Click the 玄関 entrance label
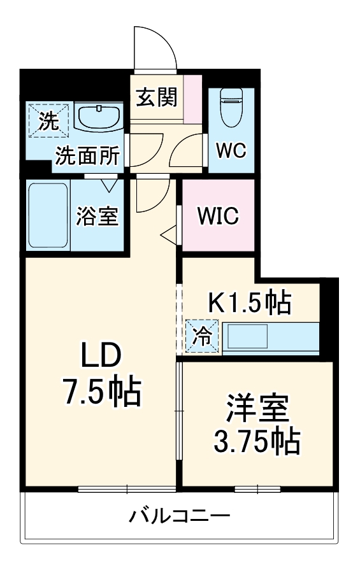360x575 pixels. point(156,98)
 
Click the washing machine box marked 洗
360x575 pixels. point(47,119)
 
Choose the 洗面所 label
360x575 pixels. point(86,156)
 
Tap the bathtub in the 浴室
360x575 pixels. point(48,217)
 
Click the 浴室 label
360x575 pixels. point(97,217)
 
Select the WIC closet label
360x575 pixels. point(217,216)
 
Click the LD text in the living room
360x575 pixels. point(100,357)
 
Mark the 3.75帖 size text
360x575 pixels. point(257,441)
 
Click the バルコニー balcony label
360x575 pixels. point(180,516)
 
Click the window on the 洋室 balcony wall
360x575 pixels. point(257,489)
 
